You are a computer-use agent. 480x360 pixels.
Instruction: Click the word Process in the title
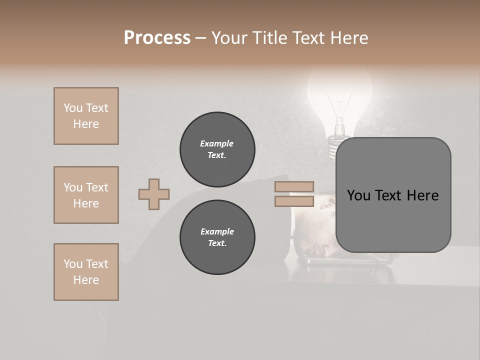pos(157,38)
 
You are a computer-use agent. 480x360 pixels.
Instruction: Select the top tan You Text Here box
pos(86,116)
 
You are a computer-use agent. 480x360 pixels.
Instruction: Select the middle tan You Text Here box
pos(86,195)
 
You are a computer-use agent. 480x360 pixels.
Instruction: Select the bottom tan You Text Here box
pos(86,272)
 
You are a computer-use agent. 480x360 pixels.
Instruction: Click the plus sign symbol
pos(154,194)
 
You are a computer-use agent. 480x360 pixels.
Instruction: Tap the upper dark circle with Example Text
pos(217,149)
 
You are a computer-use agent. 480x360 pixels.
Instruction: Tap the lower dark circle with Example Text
pos(217,237)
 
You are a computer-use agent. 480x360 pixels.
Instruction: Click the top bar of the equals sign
pos(294,187)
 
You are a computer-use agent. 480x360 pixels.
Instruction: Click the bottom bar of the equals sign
pos(294,201)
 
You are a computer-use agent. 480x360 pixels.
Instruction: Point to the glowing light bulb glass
pos(339,90)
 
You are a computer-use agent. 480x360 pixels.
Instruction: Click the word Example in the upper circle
pos(217,143)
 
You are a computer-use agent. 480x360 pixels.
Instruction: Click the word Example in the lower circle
pos(217,231)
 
